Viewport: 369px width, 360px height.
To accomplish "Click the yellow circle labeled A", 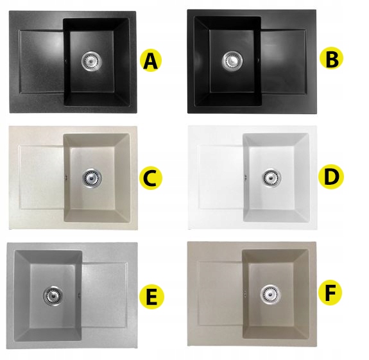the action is point(151,60).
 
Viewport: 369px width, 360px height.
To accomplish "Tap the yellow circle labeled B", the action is point(331,58).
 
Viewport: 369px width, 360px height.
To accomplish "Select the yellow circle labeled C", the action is point(151,178).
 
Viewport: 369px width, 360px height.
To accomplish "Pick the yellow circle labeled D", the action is point(331,177).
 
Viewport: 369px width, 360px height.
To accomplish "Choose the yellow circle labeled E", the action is point(151,297).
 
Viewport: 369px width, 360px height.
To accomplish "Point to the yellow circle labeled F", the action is point(330,293).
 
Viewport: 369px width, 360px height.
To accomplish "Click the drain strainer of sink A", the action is point(92,61).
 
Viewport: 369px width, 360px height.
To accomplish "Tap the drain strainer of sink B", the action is point(232,60).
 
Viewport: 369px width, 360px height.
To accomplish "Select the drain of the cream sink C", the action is point(92,178).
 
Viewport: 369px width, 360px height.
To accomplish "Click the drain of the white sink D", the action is point(272,177).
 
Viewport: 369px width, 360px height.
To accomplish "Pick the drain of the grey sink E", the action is point(53,296).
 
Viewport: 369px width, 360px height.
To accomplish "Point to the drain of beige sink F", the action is point(271,294).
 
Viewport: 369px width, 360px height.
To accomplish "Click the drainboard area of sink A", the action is point(42,62).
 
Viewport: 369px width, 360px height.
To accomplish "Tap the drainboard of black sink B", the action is point(284,62).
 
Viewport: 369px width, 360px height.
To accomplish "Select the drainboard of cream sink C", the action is point(42,177).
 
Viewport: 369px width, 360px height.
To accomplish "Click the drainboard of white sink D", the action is point(221,177).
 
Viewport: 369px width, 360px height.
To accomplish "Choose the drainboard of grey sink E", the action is point(105,295).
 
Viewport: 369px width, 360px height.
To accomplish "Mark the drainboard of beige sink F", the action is point(220,294).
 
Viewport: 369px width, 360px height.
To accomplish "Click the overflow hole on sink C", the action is point(66,177).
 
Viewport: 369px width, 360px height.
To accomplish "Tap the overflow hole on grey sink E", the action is point(80,295).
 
